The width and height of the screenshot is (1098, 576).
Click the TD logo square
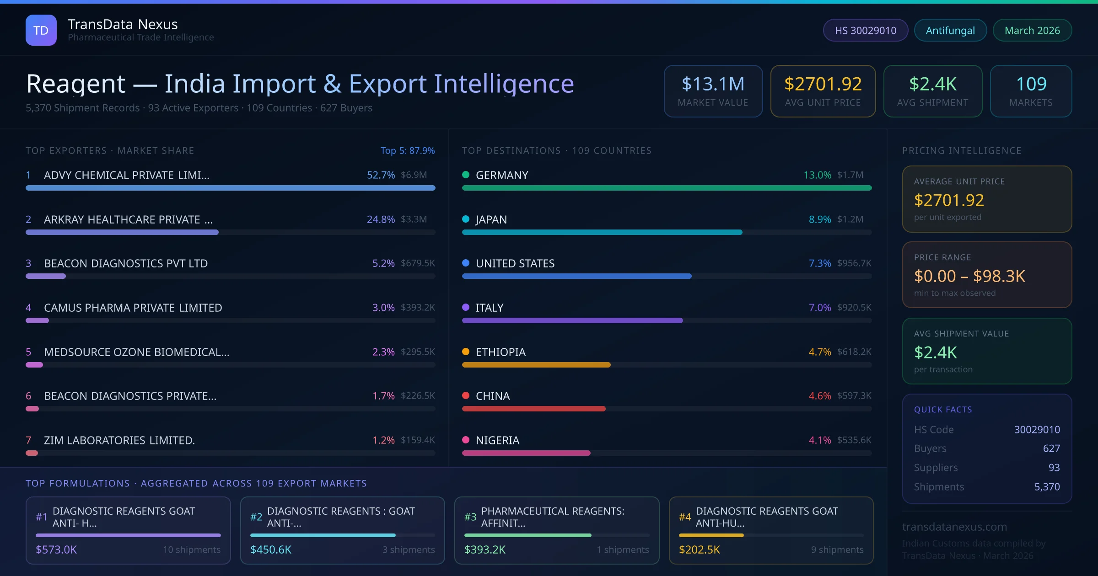(41, 30)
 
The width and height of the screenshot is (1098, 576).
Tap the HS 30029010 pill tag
(865, 30)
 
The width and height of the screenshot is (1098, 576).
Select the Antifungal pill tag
(950, 30)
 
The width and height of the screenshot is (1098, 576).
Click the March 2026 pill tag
(1032, 30)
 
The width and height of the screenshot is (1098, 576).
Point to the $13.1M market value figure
(713, 84)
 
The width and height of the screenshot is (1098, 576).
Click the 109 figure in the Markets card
(1031, 84)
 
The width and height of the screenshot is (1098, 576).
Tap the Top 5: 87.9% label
(407, 150)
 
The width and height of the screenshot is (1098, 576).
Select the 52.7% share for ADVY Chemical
(381, 175)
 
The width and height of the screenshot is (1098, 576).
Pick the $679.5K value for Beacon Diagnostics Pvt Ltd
(418, 263)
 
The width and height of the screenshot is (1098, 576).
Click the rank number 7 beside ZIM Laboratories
(28, 440)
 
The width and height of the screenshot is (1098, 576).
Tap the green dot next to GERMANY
(466, 175)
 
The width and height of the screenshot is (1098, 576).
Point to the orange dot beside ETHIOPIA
(466, 352)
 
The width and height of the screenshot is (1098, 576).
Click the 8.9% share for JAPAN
(819, 219)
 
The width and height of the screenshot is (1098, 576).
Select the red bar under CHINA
(533, 409)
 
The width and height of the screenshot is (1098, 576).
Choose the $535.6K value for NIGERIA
(854, 440)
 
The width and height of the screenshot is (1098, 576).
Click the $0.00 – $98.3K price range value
(969, 276)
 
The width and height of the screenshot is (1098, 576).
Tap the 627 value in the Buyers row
(1051, 448)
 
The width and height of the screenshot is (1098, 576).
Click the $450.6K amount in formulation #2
(270, 549)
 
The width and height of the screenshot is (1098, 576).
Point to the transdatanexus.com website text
(954, 527)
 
